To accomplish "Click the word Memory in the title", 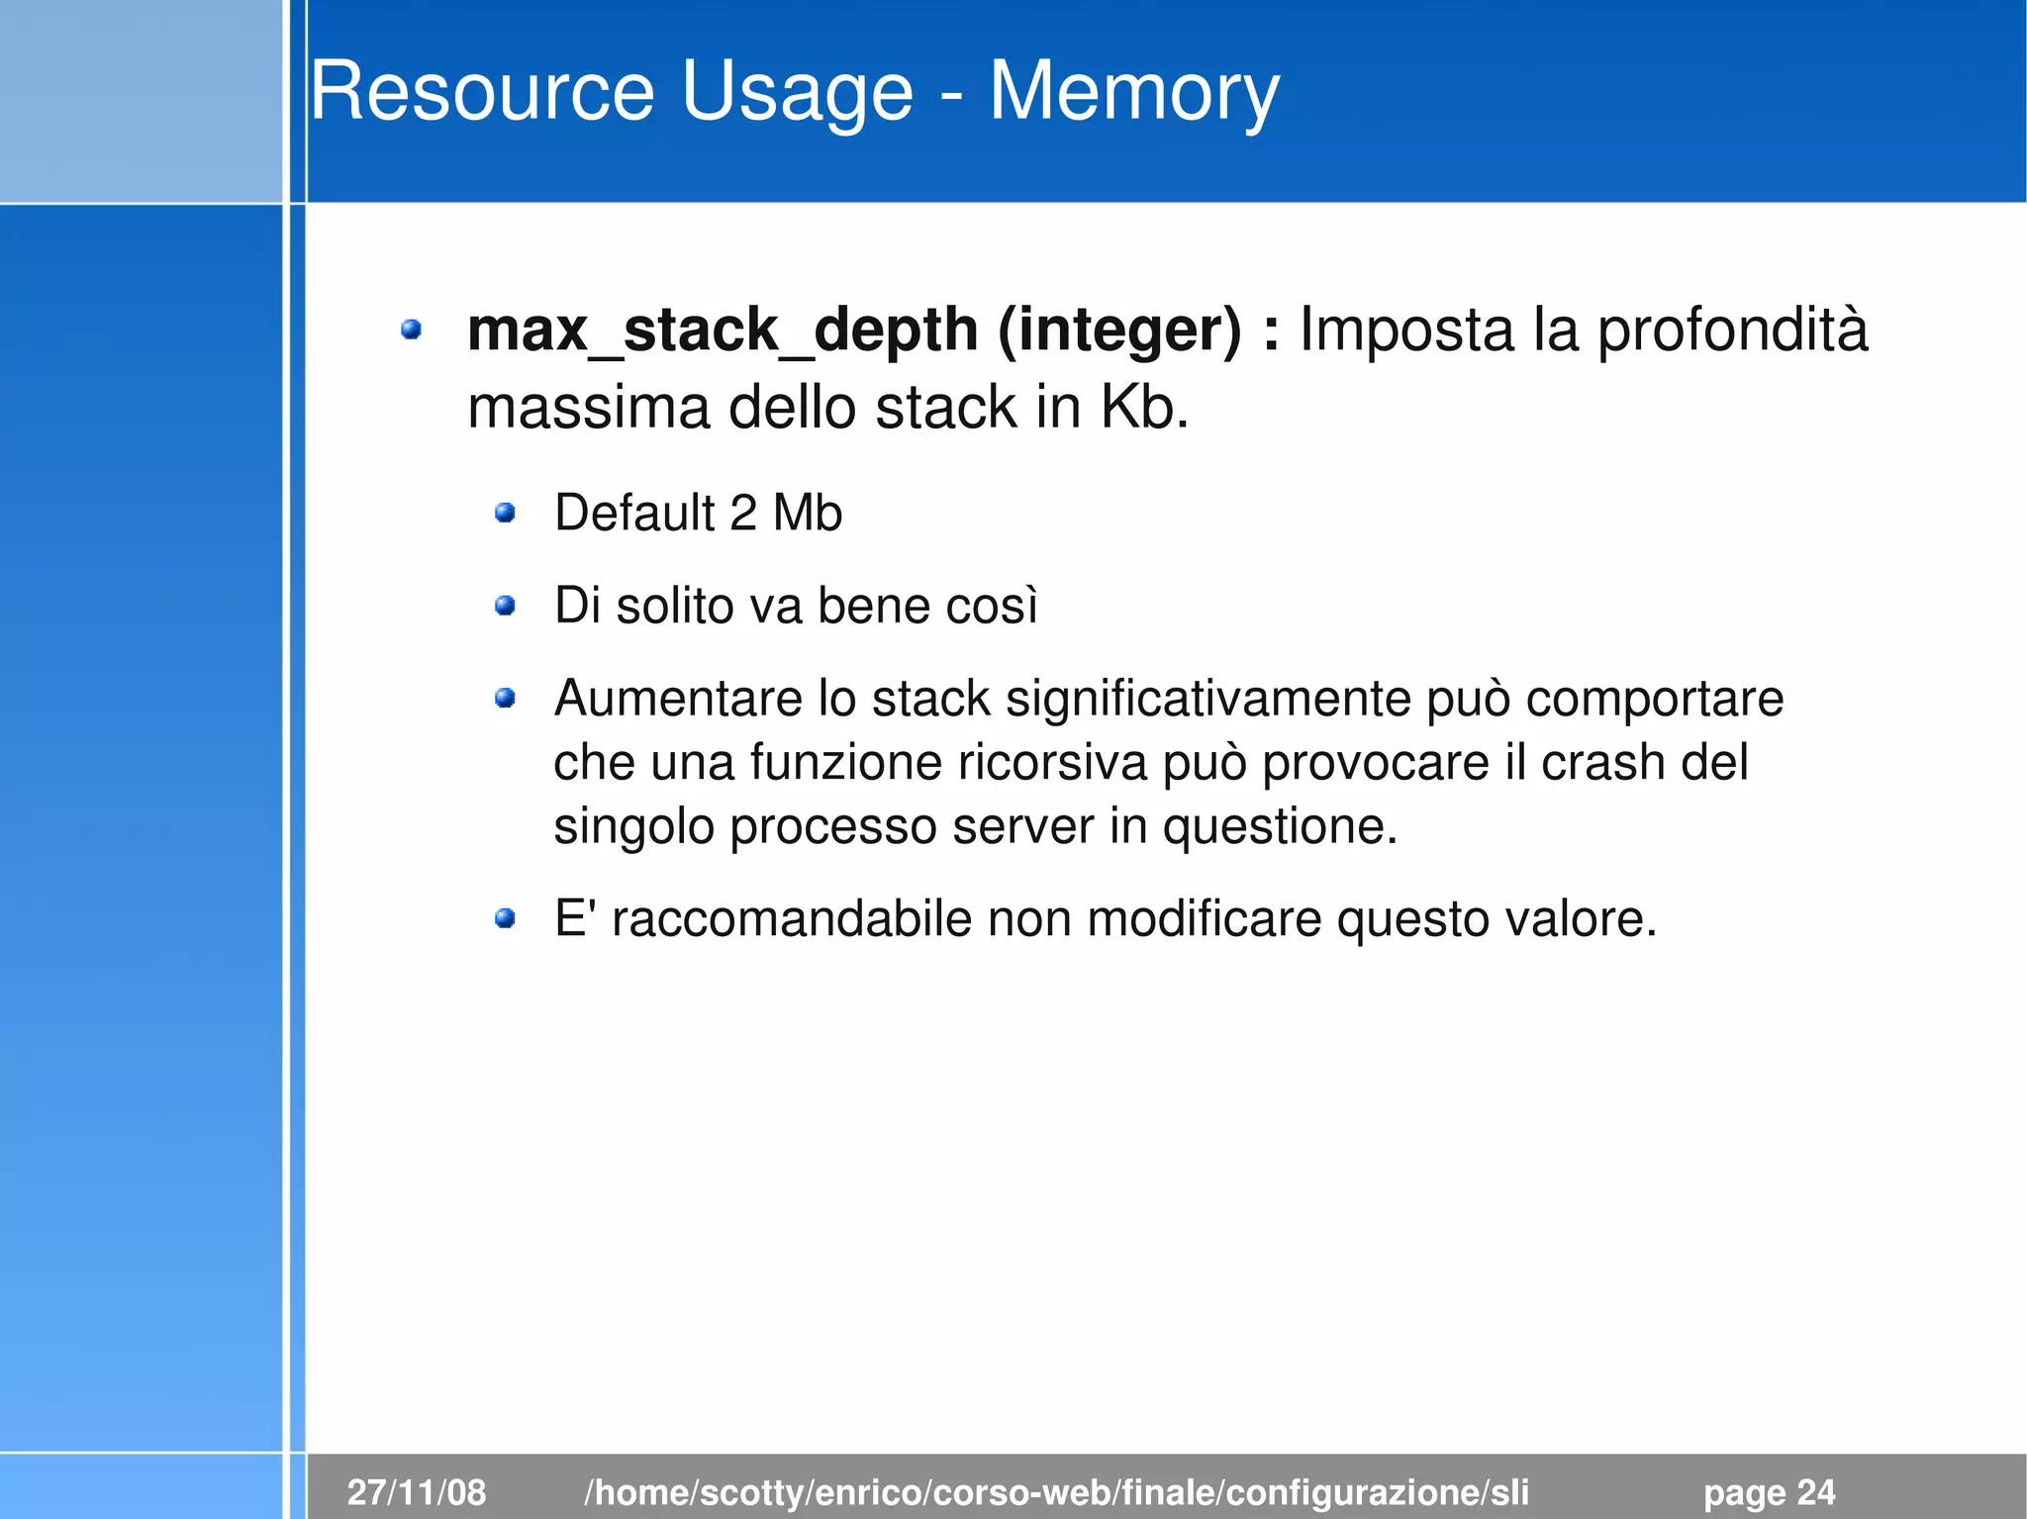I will [x=1133, y=92].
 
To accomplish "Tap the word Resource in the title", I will [x=482, y=92].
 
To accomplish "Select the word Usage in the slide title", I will [x=797, y=92].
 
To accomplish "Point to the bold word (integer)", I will [x=1119, y=330].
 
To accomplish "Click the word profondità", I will [x=1733, y=330].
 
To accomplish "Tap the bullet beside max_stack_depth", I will [x=411, y=330].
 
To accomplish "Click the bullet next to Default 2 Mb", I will [x=505, y=513].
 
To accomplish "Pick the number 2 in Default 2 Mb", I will [x=742, y=513].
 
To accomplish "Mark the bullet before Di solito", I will [x=505, y=605].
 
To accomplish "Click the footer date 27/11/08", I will [x=417, y=1491].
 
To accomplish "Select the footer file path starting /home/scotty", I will [x=1056, y=1491].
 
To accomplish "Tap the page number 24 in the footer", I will [x=1816, y=1491].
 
